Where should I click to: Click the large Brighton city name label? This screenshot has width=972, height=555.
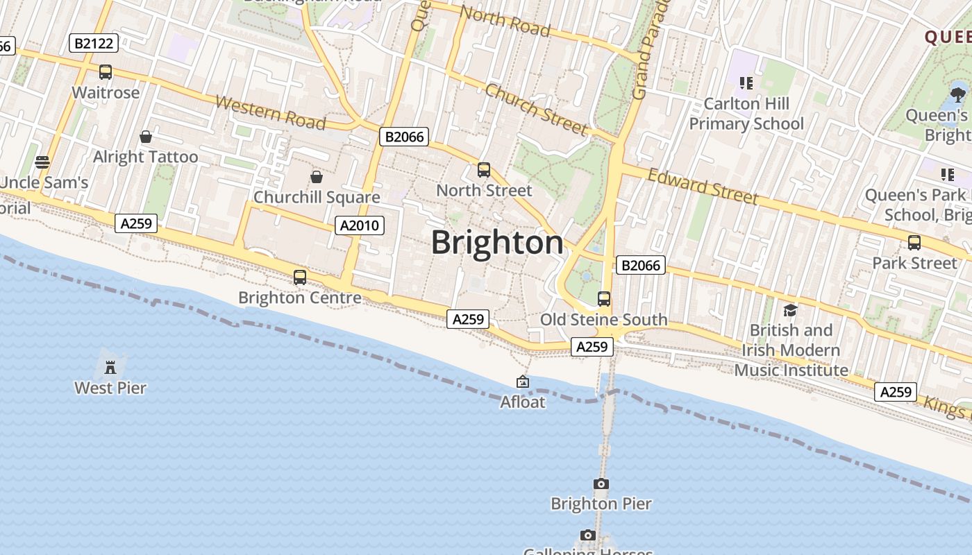[x=497, y=243]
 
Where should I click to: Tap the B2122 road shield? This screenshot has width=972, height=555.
[x=94, y=44]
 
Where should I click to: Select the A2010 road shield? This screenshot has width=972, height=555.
[x=360, y=225]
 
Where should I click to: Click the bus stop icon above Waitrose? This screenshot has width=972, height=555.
[x=106, y=72]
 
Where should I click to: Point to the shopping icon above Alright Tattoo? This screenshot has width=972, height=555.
[x=146, y=137]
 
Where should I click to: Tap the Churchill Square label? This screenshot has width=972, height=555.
[x=317, y=197]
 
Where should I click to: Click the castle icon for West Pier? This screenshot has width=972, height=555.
[x=110, y=367]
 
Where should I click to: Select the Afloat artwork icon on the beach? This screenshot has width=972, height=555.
[x=523, y=382]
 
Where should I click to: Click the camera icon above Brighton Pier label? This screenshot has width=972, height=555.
[x=601, y=484]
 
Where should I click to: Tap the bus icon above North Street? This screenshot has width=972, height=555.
[x=484, y=170]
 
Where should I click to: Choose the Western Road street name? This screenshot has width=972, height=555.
[x=270, y=113]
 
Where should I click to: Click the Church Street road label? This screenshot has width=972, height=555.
[x=536, y=110]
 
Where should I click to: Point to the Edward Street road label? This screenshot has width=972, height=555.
[x=702, y=186]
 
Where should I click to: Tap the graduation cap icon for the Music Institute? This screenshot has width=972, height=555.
[x=790, y=310]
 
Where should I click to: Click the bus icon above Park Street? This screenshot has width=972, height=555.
[x=914, y=243]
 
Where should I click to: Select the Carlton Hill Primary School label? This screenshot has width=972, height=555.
[x=746, y=114]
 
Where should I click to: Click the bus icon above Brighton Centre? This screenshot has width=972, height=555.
[x=300, y=277]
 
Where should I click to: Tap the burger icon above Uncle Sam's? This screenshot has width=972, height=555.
[x=42, y=162]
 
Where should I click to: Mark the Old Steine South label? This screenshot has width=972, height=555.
[x=603, y=320]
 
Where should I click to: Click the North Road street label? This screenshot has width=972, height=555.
[x=505, y=22]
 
